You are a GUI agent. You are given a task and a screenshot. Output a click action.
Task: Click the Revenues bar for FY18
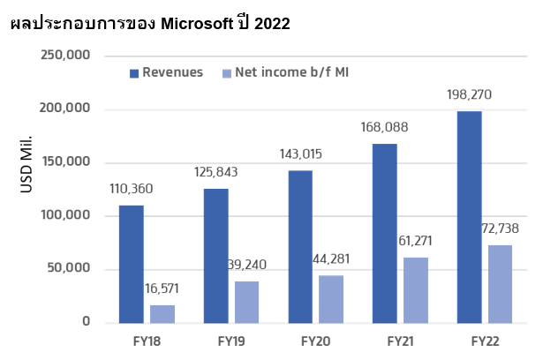131,263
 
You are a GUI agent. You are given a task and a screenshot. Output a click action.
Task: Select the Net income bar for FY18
162,313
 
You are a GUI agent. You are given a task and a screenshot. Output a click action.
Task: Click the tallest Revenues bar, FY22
469,216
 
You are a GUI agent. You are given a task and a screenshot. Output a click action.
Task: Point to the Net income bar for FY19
247,302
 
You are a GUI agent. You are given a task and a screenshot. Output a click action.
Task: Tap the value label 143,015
300,154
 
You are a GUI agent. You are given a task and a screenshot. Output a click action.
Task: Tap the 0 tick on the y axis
87,322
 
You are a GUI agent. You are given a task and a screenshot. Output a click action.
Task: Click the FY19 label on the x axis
231,340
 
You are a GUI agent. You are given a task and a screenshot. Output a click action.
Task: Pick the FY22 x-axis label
486,340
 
